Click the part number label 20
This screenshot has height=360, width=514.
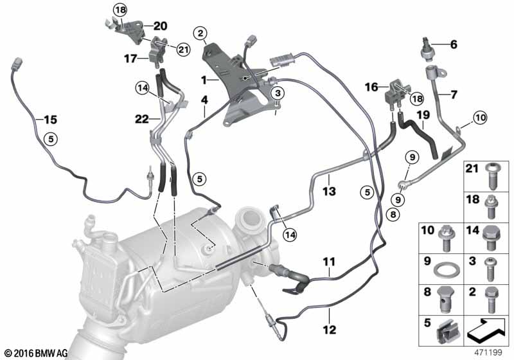tap(160, 26)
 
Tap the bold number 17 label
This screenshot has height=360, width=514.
tap(130, 59)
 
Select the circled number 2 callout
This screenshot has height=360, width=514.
tap(200, 33)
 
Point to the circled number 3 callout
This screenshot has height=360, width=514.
tap(278, 93)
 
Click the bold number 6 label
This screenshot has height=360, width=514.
tap(454, 44)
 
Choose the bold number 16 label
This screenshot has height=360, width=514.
tap(371, 87)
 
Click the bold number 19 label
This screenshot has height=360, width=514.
tap(423, 115)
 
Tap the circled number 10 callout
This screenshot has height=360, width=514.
tap(480, 118)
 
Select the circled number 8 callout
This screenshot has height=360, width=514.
tap(393, 215)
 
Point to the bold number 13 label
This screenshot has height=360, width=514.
tap(329, 191)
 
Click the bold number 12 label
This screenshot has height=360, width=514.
tap(329, 329)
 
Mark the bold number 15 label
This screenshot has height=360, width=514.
tap(50, 120)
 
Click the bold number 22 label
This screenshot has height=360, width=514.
tap(141, 119)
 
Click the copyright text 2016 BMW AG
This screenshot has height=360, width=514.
tap(37, 353)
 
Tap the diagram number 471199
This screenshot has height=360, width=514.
tap(488, 353)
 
